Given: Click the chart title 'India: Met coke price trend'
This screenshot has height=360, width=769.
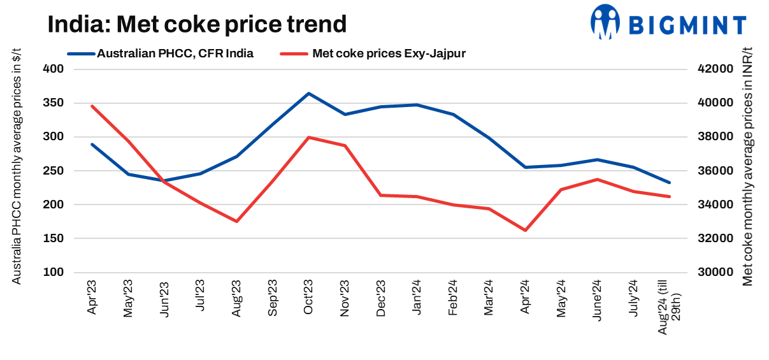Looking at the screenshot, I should tap(197, 24).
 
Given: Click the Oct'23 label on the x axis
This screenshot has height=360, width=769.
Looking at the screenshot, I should tap(309, 297).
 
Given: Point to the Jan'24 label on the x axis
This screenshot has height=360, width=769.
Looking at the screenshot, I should tap(417, 297).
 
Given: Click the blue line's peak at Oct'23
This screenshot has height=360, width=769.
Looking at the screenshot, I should tap(309, 94).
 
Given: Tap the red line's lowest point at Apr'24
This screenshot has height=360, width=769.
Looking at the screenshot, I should tap(525, 230).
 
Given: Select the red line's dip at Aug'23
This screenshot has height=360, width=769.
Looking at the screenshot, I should tap(237, 221).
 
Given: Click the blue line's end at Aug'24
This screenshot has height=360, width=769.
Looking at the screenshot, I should tap(669, 183).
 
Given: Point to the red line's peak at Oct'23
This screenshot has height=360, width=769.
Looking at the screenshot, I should tap(309, 137).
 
